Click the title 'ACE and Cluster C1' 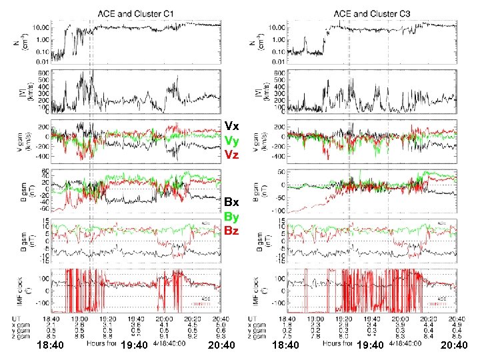[x=139, y=12]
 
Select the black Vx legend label [x=232, y=125]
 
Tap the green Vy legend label [x=232, y=140]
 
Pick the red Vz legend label [x=232, y=155]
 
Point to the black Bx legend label [x=232, y=202]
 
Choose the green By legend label [x=232, y=217]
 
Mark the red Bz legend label [x=232, y=231]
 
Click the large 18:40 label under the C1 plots [x=50, y=345]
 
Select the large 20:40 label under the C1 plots [x=221, y=345]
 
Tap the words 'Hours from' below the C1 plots [x=102, y=343]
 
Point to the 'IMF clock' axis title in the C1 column [x=29, y=290]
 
